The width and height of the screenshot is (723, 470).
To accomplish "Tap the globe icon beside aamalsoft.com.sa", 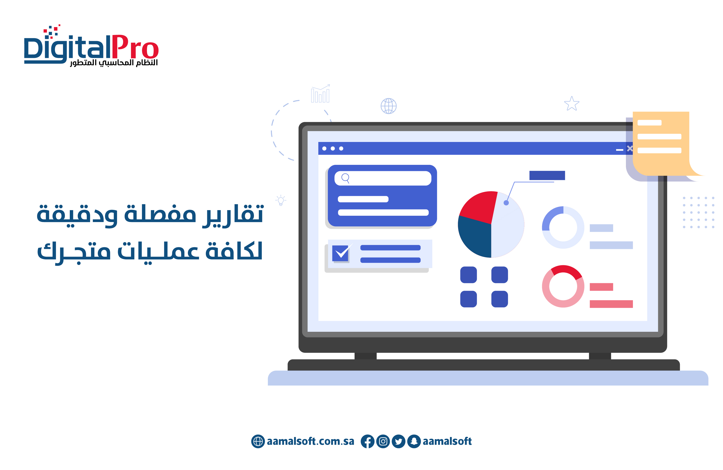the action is [x=258, y=441].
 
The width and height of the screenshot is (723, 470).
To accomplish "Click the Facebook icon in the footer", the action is [x=367, y=441].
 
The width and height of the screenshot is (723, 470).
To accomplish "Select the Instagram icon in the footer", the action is [x=383, y=441].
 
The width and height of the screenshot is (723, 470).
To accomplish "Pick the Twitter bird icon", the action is [x=398, y=441].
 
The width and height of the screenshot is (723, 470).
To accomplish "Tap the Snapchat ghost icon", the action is [x=414, y=441].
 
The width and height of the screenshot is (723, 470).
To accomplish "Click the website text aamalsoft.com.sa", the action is [x=310, y=441].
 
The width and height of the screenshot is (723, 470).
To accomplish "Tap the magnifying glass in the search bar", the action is [x=345, y=178].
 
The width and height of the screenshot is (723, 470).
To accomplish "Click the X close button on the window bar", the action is [x=630, y=148].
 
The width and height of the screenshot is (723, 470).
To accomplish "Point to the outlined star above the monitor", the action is [x=572, y=104].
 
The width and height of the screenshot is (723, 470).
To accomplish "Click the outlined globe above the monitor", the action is [x=389, y=106].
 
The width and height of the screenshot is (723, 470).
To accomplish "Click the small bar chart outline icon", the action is [x=320, y=94].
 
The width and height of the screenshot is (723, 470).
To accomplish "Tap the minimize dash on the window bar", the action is [x=619, y=150].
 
